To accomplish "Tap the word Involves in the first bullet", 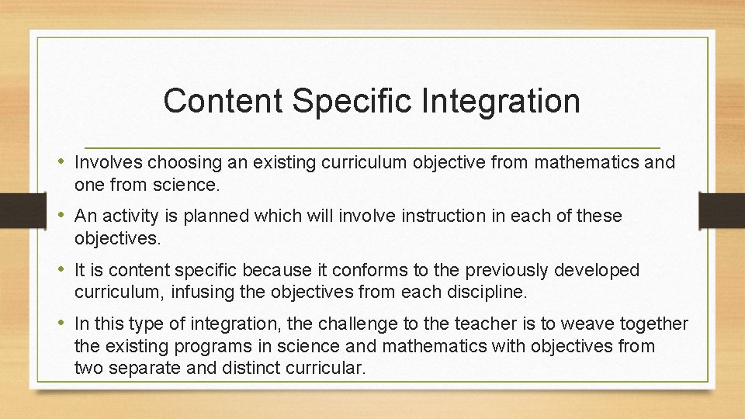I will tap(108, 163).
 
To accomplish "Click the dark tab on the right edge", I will tap(722, 209).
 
